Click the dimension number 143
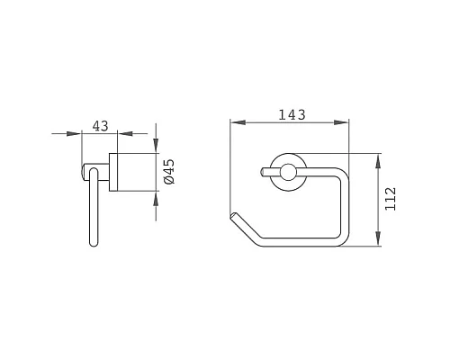(292, 114)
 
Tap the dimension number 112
(391, 199)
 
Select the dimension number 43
(100, 126)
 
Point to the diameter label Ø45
(169, 172)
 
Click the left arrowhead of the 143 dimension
(238, 122)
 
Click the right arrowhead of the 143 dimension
(341, 122)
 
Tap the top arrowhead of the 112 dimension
(378, 161)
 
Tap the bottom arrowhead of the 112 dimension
(378, 238)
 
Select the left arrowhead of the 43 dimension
(74, 133)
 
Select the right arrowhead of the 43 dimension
(125, 133)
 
